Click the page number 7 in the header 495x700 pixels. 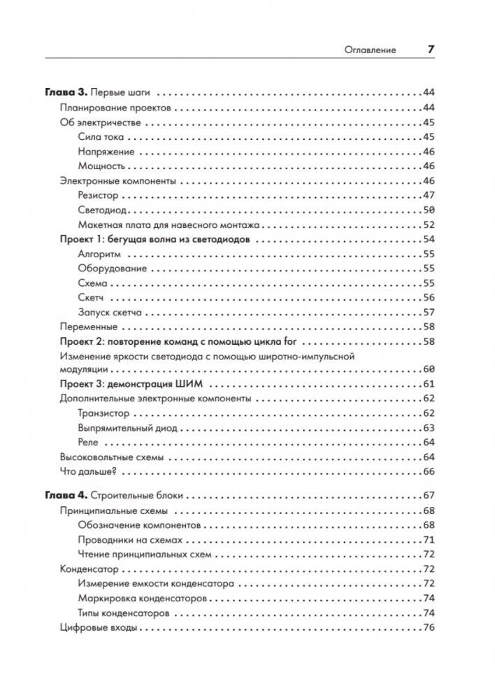(431, 50)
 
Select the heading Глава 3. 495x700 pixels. (65, 92)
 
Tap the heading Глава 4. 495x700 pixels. (65, 495)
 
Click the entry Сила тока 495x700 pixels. (101, 136)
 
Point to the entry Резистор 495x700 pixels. (99, 195)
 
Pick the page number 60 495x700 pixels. (429, 369)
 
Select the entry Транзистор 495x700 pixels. (103, 413)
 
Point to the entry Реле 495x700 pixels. (89, 442)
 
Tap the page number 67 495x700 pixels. (429, 495)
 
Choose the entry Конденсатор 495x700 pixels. (89, 569)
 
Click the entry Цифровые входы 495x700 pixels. (98, 628)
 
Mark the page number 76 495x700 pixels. (429, 628)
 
